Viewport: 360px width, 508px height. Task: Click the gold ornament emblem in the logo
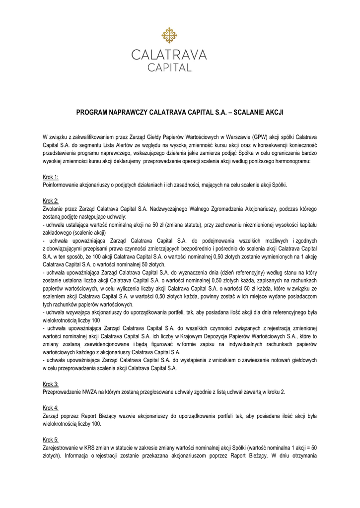pos(169,35)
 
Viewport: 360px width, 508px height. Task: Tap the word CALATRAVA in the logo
pos(169,55)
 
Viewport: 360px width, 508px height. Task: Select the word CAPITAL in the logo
pos(169,67)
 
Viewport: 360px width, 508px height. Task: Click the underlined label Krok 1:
pos(51,177)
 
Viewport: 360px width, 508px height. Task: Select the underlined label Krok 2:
pos(51,201)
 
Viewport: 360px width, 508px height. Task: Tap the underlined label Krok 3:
pos(51,384)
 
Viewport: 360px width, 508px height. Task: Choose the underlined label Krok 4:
pos(51,408)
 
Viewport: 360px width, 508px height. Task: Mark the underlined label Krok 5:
pos(51,440)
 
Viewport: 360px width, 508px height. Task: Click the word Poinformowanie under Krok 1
pos(63,185)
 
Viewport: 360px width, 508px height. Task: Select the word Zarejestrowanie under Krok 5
pos(61,447)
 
